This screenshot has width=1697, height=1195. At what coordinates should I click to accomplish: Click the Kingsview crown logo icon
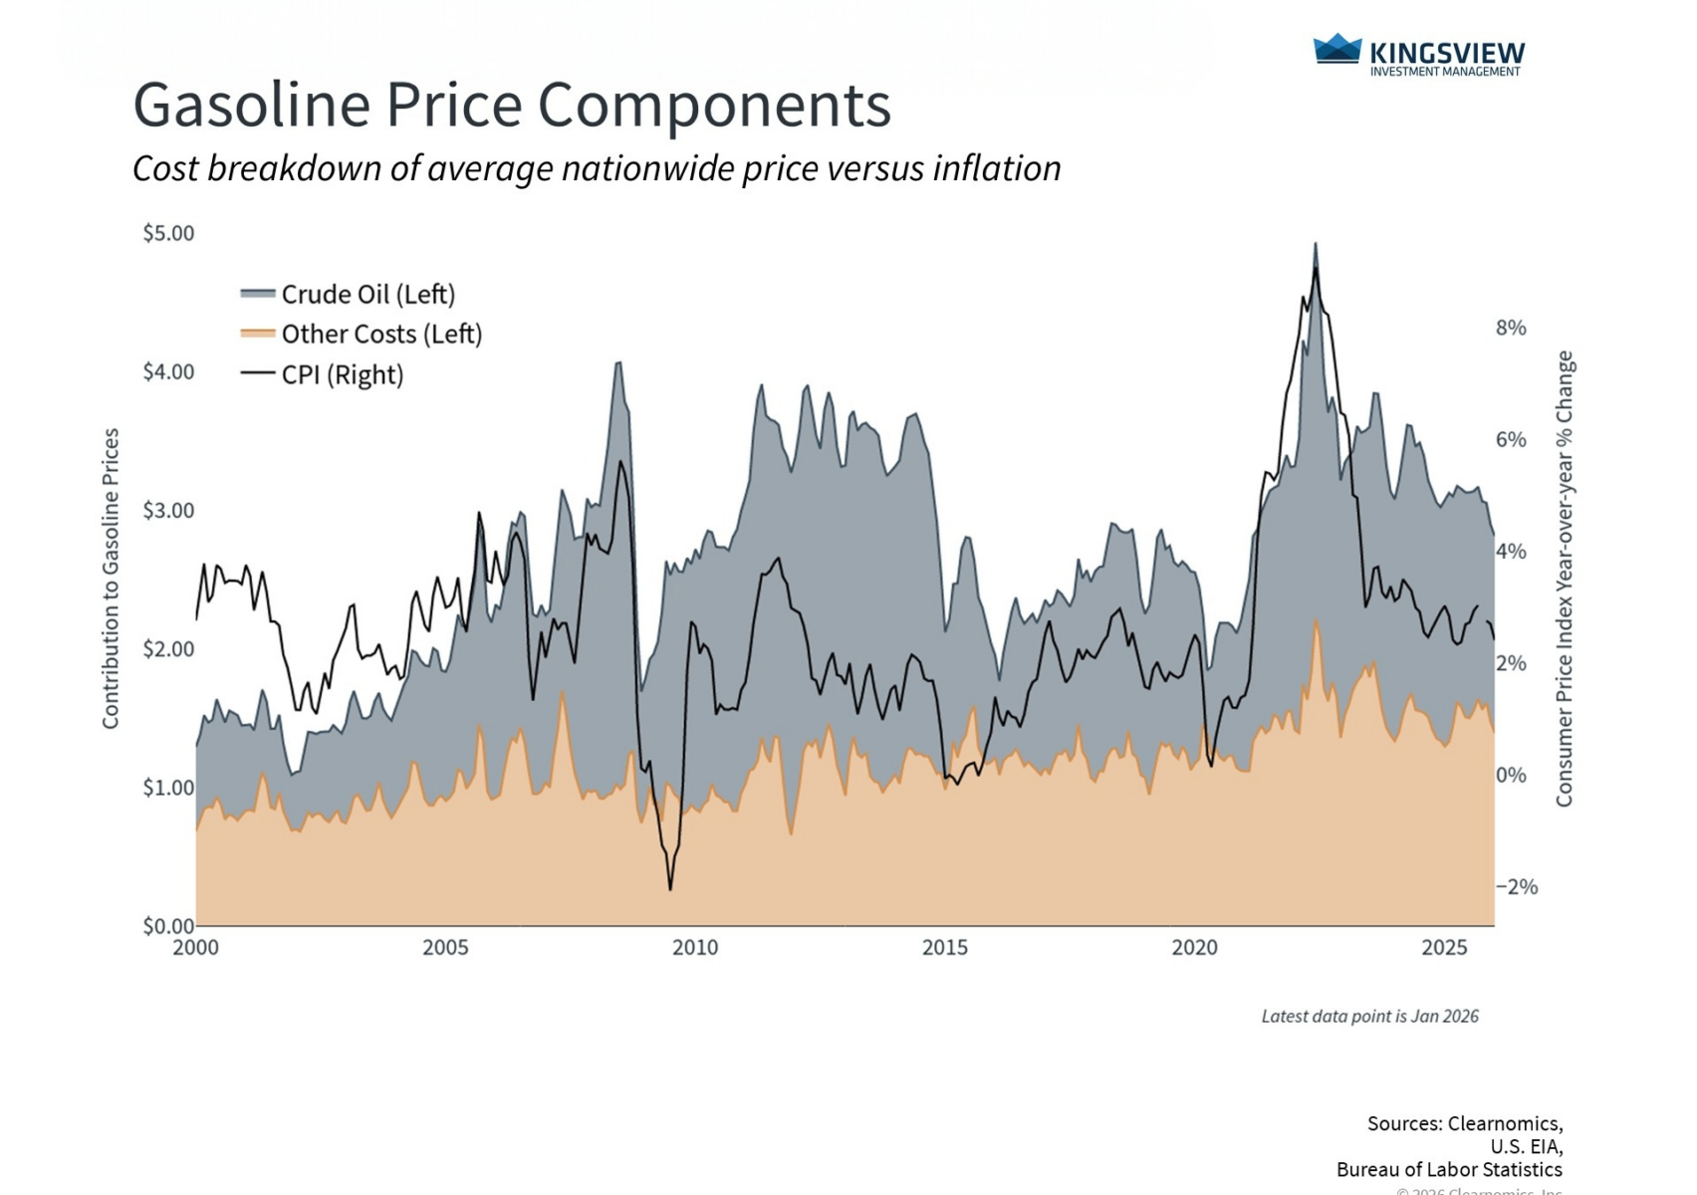pyautogui.click(x=1336, y=49)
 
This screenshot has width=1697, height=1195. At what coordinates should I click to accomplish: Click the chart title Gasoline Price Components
pyautogui.click(x=512, y=105)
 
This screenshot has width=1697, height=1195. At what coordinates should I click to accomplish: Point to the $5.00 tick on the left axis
pyautogui.click(x=168, y=233)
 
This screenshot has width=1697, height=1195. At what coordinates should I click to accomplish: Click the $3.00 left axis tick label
pyautogui.click(x=168, y=511)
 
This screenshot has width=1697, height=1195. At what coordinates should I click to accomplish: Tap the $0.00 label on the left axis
pyautogui.click(x=168, y=926)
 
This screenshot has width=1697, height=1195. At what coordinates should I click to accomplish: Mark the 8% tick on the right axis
pyautogui.click(x=1511, y=328)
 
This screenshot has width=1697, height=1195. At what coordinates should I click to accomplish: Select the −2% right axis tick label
pyautogui.click(x=1517, y=887)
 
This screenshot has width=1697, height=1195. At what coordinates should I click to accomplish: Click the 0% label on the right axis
pyautogui.click(x=1511, y=775)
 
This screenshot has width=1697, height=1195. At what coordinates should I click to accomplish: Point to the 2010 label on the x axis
pyautogui.click(x=695, y=948)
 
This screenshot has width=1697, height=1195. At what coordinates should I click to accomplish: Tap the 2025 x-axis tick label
pyautogui.click(x=1444, y=948)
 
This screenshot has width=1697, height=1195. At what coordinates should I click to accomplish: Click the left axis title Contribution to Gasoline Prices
pyautogui.click(x=111, y=579)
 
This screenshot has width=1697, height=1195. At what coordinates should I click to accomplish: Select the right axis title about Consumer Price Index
pyautogui.click(x=1565, y=579)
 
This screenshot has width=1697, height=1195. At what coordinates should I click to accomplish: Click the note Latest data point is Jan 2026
pyautogui.click(x=1369, y=1017)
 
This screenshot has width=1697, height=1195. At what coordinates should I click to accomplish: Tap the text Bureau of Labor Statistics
pyautogui.click(x=1449, y=1170)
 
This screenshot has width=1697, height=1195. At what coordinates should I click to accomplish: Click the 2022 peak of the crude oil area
pyautogui.click(x=1316, y=243)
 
